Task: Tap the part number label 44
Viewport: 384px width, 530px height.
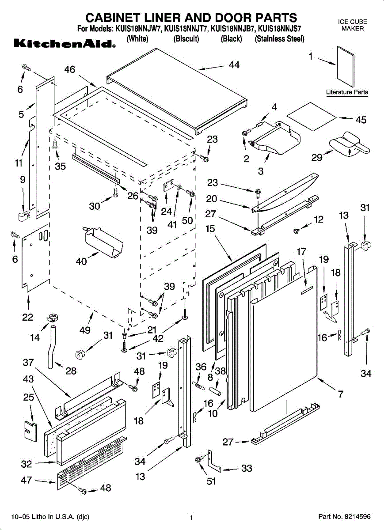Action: [234, 65]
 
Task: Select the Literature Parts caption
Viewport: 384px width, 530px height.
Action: [347, 92]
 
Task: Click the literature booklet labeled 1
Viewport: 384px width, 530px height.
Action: [346, 66]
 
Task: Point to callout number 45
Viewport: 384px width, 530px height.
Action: [361, 120]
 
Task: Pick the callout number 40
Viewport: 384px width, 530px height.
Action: [81, 261]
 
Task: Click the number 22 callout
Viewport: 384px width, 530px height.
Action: [27, 317]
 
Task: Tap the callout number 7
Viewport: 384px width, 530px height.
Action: [340, 394]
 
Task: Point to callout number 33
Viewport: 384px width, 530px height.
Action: [247, 469]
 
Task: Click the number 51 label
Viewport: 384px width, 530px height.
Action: [212, 481]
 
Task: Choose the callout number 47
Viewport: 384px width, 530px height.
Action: [27, 480]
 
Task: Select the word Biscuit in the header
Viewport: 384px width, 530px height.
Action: [186, 39]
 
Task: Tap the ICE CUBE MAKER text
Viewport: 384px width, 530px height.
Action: [352, 25]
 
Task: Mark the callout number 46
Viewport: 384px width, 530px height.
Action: [69, 69]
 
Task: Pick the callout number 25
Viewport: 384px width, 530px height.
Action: [29, 397]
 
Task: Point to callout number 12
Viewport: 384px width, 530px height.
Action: [319, 220]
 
